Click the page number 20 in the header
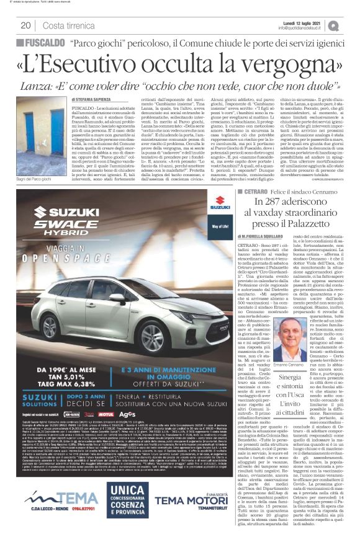point(26,25)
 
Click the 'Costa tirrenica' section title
point(69,25)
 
